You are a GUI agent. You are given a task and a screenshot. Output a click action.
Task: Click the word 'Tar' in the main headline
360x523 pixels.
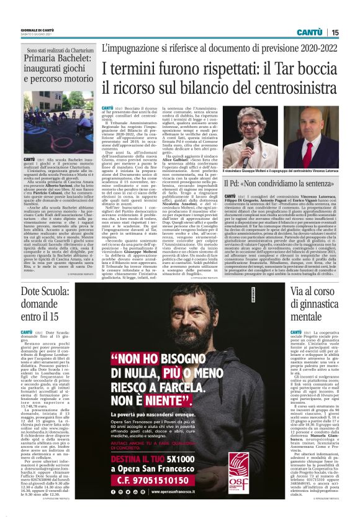coord(263,68)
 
